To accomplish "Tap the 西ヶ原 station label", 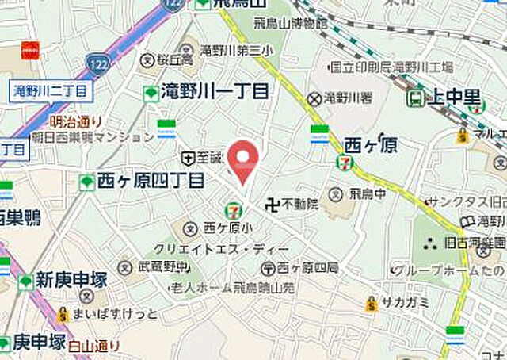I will click(x=371, y=146).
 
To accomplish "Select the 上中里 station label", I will click(x=453, y=98).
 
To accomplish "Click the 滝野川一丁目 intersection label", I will click(x=215, y=91).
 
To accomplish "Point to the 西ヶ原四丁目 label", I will click(x=151, y=182).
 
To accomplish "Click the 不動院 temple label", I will click(x=301, y=204).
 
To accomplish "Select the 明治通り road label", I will click(x=76, y=121).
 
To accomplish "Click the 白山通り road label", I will click(x=94, y=345).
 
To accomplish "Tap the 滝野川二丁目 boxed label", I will click(x=51, y=90).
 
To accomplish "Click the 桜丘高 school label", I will click(x=174, y=59).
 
